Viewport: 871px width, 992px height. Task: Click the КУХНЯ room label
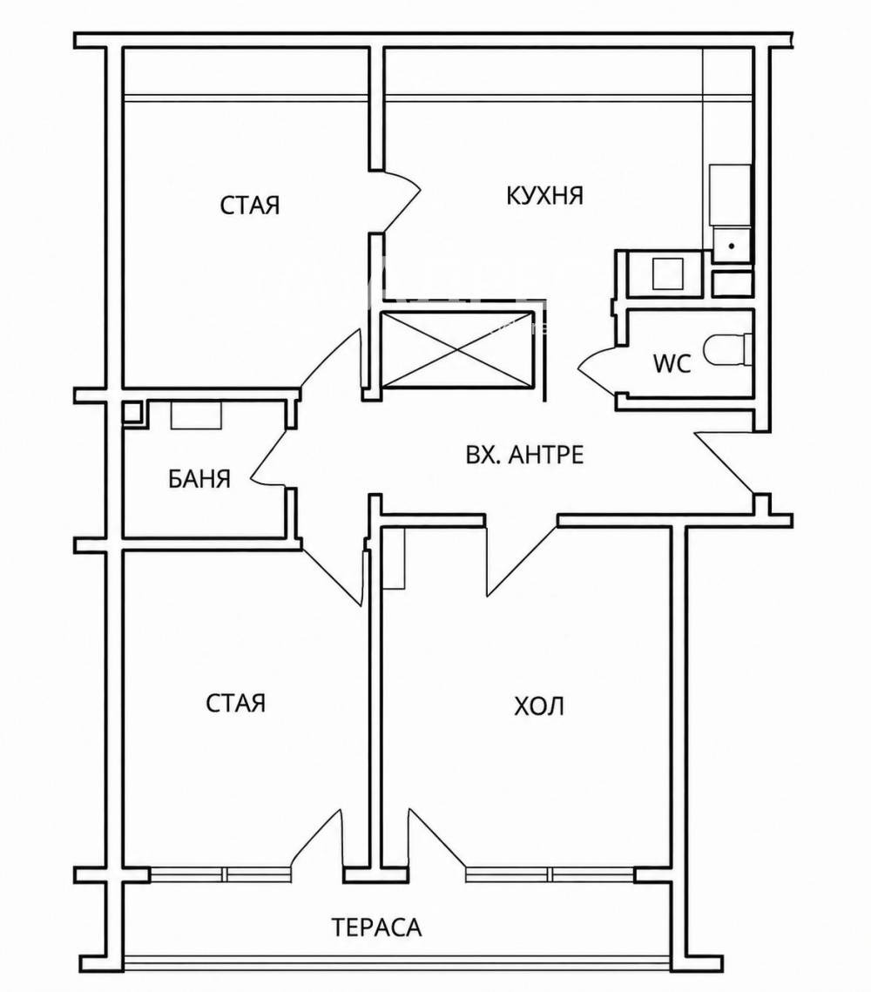[544, 195]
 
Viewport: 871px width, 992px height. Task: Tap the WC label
[672, 364]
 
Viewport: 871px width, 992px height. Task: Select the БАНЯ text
[199, 479]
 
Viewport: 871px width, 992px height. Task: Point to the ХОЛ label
[539, 705]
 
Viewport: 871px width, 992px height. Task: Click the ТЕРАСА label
[376, 928]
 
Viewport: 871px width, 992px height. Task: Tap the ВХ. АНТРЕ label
[524, 455]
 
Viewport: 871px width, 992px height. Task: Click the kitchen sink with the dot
[732, 246]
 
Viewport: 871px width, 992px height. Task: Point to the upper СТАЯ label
[250, 205]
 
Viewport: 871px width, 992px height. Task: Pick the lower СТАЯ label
[235, 703]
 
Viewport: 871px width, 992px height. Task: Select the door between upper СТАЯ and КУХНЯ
[395, 201]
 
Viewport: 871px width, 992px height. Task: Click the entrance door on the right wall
[726, 462]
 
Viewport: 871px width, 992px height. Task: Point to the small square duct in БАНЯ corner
[133, 413]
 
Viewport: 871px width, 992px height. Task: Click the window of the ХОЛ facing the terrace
[550, 874]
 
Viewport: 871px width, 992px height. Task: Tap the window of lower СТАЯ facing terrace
[222, 874]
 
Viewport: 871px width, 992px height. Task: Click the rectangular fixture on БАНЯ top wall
[197, 416]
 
